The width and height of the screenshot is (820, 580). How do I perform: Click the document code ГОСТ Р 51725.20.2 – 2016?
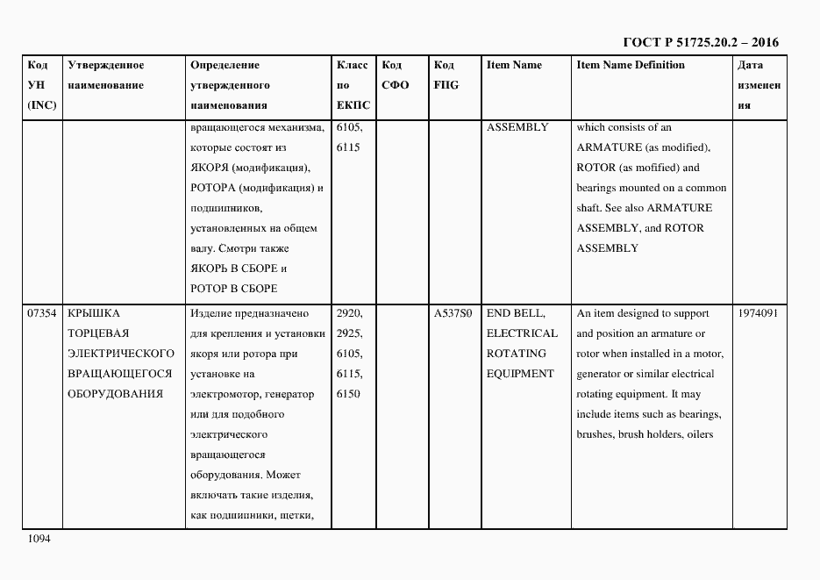[701, 42]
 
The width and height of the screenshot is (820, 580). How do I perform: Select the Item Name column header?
[514, 65]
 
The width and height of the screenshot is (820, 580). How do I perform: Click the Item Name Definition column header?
[631, 65]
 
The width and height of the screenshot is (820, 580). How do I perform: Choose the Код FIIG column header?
[446, 75]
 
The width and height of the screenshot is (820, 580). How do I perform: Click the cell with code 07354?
[42, 313]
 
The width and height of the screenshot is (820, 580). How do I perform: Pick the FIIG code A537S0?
[453, 313]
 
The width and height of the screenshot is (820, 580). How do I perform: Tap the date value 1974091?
[759, 313]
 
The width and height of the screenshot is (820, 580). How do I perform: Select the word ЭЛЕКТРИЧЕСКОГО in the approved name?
[120, 354]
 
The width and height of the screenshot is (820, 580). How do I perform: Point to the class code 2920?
[349, 313]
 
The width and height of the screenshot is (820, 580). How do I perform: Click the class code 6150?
[347, 394]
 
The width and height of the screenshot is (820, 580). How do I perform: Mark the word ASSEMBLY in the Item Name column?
[517, 127]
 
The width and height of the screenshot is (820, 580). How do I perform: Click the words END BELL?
[517, 313]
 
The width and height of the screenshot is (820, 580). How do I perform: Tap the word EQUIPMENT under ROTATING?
[520, 374]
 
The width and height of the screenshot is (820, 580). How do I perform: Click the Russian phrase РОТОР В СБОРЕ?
[233, 289]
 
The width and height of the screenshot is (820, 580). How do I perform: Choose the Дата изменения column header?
[759, 85]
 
